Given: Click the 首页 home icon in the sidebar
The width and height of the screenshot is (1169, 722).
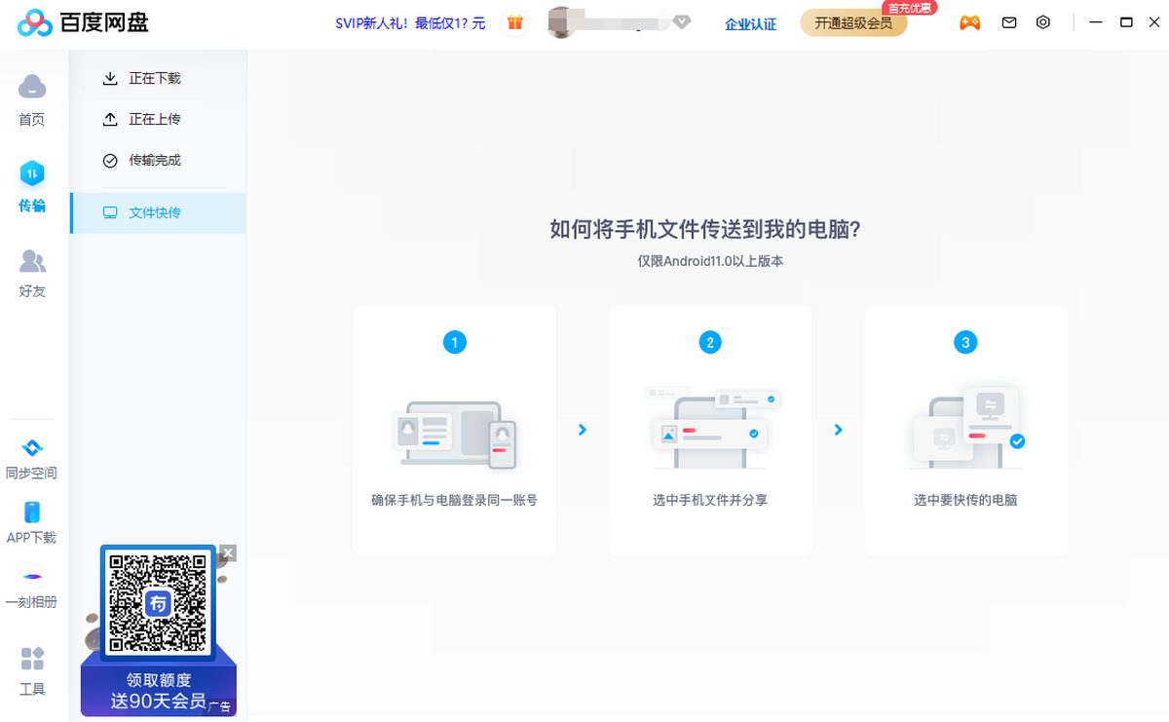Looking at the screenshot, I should (x=32, y=88).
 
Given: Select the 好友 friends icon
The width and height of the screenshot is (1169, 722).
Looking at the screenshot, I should (x=32, y=261).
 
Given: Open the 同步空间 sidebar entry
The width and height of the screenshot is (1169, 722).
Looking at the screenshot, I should (x=32, y=449).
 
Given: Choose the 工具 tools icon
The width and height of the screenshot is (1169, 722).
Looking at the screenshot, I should (x=32, y=660).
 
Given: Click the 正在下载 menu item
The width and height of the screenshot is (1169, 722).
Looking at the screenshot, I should (x=155, y=78).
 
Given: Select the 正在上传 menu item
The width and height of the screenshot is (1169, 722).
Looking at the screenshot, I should (x=155, y=119).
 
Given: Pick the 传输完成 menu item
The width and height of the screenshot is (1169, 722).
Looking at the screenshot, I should (x=155, y=160).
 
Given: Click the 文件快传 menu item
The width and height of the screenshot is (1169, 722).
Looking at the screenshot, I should (x=155, y=212).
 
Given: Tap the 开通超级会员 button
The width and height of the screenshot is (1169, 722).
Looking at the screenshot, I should (x=853, y=23).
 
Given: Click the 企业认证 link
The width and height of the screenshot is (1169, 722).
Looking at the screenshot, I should (x=751, y=24).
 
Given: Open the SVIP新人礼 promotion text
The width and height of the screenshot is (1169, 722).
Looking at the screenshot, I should (x=410, y=23).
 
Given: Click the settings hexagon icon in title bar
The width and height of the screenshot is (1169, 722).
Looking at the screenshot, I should (x=1043, y=22).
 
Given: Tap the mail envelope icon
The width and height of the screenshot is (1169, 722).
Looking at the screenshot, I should (x=1009, y=22).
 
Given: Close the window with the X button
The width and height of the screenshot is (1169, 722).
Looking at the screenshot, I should (x=1154, y=22).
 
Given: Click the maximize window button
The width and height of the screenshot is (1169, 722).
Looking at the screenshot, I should (x=1126, y=22).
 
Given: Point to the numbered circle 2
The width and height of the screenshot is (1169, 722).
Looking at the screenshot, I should (x=710, y=342).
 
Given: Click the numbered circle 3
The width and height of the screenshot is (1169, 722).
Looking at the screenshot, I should (x=965, y=342).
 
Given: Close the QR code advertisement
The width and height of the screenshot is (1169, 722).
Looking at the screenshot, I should (x=228, y=553).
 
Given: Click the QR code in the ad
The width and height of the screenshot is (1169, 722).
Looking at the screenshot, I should (x=158, y=602).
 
